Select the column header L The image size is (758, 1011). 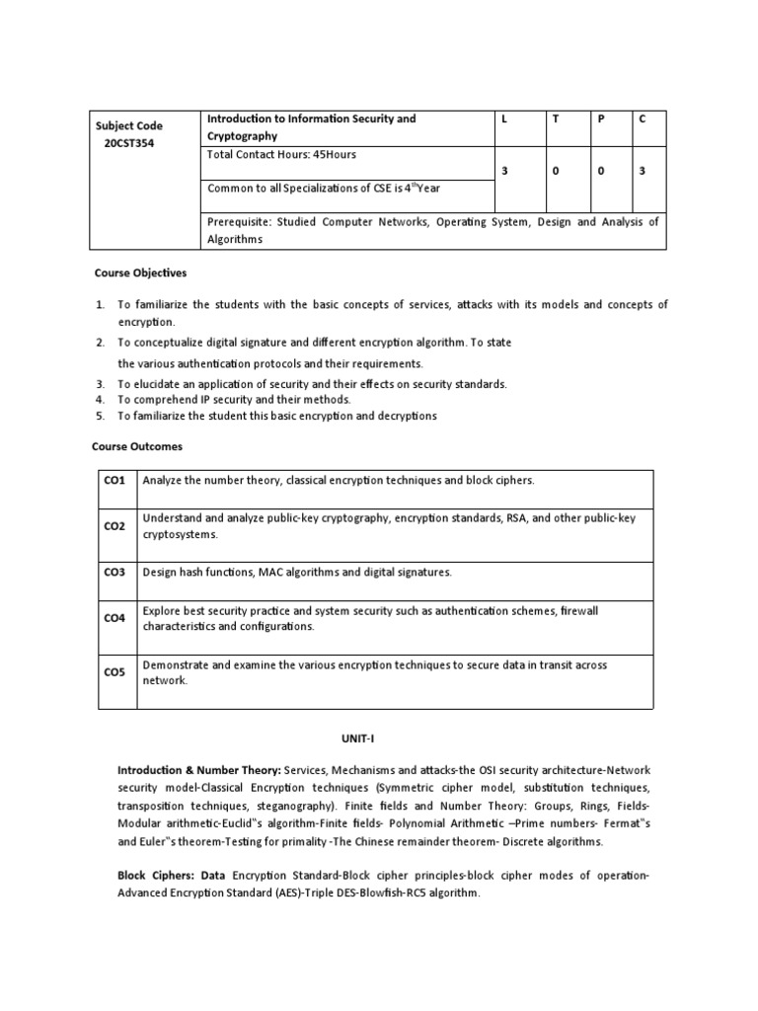tap(503, 118)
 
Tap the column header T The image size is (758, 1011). tap(555, 118)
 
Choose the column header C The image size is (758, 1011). tap(642, 118)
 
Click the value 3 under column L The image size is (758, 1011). tap(503, 171)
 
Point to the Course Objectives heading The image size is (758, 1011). tap(140, 272)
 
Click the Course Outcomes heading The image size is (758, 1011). tap(138, 446)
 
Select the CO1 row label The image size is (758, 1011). tap(114, 481)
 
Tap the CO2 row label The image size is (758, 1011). tap(114, 526)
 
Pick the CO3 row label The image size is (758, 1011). tap(114, 572)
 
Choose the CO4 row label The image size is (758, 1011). tap(114, 618)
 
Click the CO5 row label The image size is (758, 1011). tap(114, 672)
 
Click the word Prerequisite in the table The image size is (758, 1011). tap(238, 222)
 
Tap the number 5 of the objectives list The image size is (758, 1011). tap(100, 416)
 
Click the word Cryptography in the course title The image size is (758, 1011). tap(242, 136)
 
